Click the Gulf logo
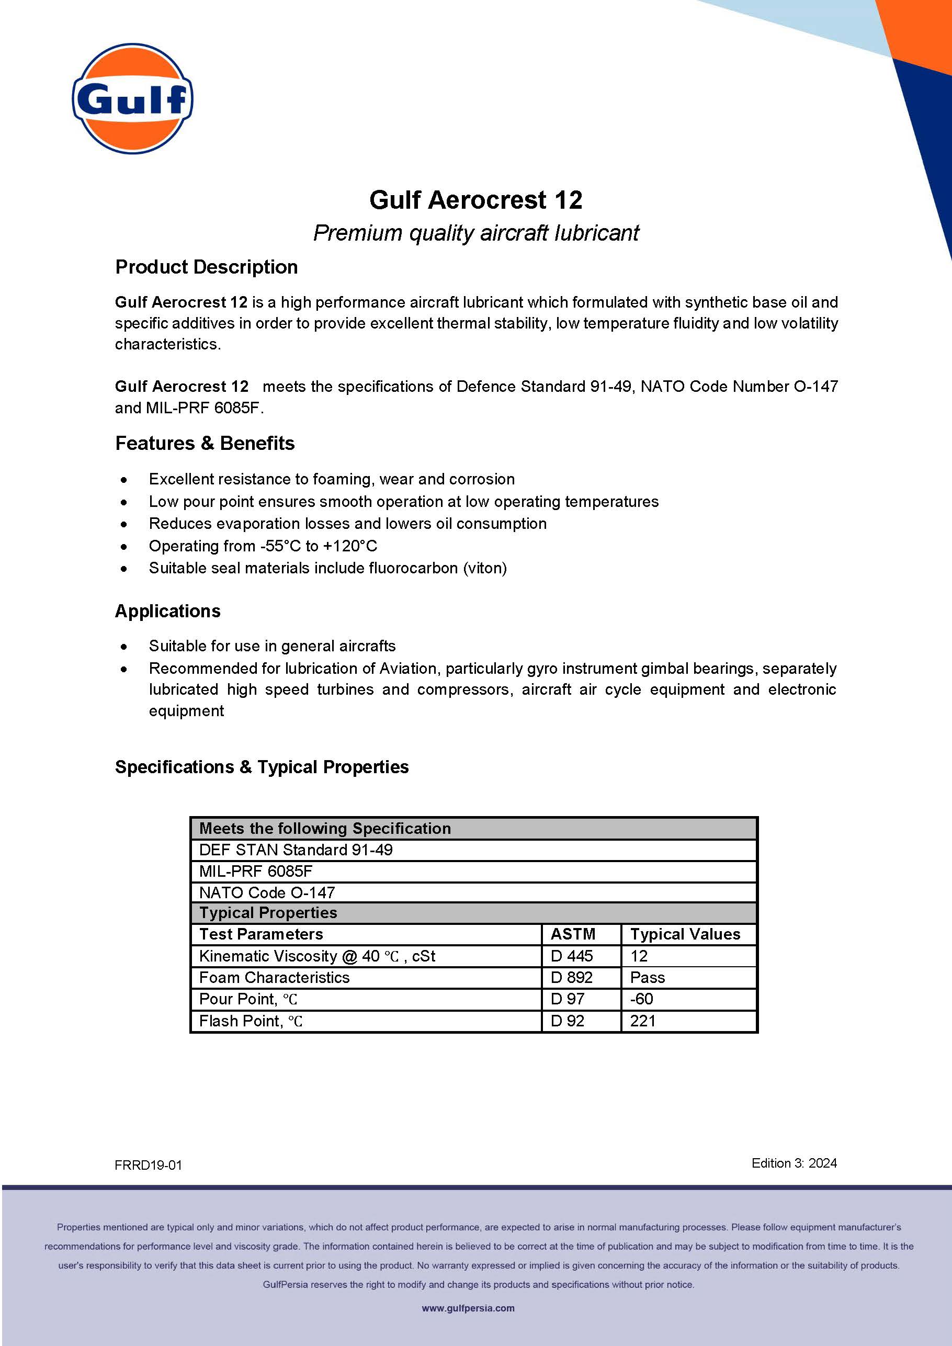(x=132, y=98)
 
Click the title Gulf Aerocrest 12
(x=475, y=200)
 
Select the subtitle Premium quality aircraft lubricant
(x=475, y=233)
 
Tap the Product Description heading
(x=206, y=267)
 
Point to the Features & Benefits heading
(x=205, y=443)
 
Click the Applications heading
(x=168, y=611)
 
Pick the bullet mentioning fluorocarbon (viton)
(x=327, y=568)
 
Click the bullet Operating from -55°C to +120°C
(x=263, y=546)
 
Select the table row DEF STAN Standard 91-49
(x=296, y=850)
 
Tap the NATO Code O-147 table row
(x=267, y=892)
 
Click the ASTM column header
(x=573, y=934)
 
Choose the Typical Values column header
(x=685, y=934)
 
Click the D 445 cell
(x=572, y=956)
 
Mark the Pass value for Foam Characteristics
(x=647, y=977)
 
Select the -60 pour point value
(x=641, y=999)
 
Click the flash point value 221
(x=642, y=1021)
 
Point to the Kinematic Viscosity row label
(x=316, y=956)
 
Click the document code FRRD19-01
(x=149, y=1166)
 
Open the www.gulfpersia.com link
(x=468, y=1308)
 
